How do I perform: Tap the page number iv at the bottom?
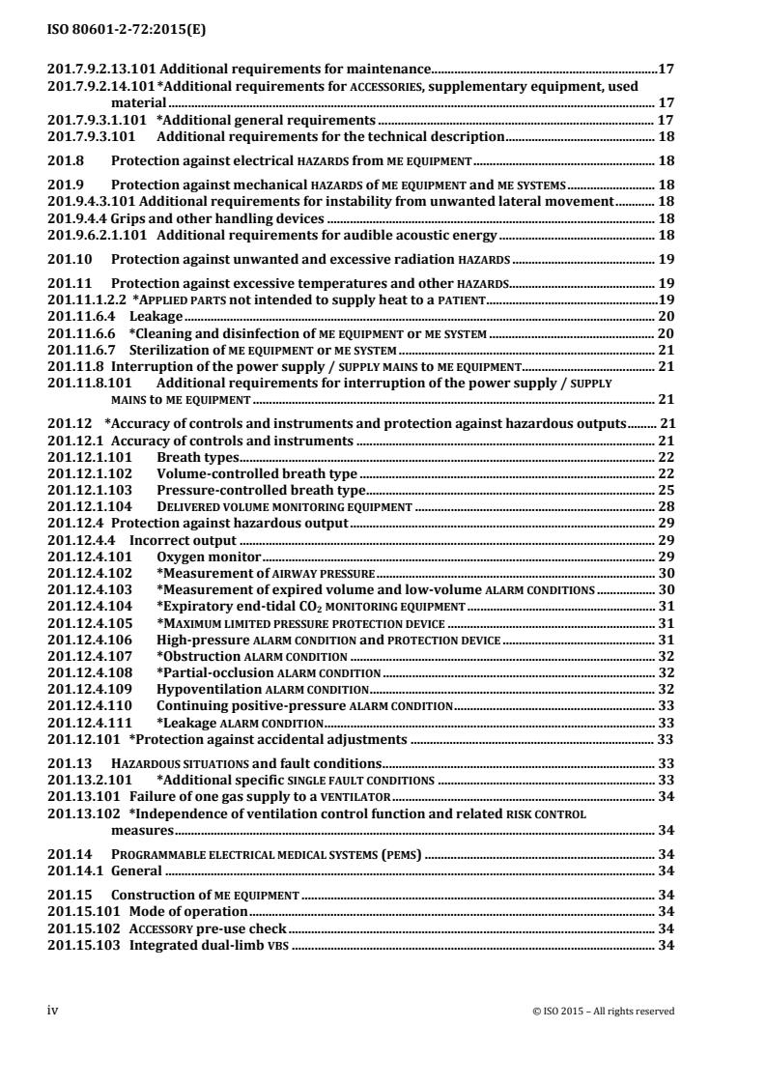coord(53,1011)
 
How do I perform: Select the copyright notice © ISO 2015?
coord(603,1012)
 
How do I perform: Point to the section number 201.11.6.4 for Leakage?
coord(81,316)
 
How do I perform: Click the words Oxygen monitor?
coord(209,557)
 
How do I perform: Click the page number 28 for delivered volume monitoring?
coord(665,506)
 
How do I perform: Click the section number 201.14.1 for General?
coord(75,870)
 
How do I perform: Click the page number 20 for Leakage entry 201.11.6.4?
coord(665,316)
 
